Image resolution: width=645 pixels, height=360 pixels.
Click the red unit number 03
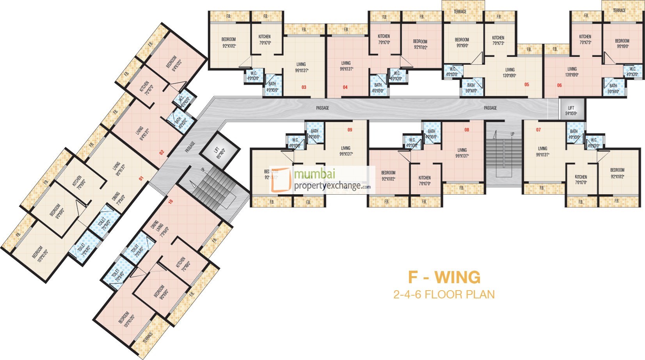[x=304, y=87]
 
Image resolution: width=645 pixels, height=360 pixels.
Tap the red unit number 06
[x=559, y=85]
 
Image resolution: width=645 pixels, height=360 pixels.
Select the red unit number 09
[x=350, y=129]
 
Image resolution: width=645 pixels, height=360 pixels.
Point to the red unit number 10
[x=170, y=202]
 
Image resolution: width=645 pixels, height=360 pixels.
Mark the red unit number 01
[x=141, y=179]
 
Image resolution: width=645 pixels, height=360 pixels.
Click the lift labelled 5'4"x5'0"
[x=571, y=110]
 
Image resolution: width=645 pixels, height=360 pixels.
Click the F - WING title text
[x=444, y=277]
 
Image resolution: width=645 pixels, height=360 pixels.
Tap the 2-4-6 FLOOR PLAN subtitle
[x=444, y=294]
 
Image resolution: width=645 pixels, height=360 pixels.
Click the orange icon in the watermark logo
[x=281, y=180]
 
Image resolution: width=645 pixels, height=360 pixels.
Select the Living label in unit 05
[x=510, y=70]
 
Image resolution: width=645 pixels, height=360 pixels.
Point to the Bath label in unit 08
[x=431, y=131]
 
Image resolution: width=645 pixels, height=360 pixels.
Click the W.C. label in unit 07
[x=593, y=140]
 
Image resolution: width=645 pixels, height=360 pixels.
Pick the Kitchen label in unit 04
[x=384, y=36]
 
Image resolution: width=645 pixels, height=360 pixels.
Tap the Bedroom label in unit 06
[x=622, y=41]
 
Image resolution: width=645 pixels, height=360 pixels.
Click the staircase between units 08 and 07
[x=503, y=156]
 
